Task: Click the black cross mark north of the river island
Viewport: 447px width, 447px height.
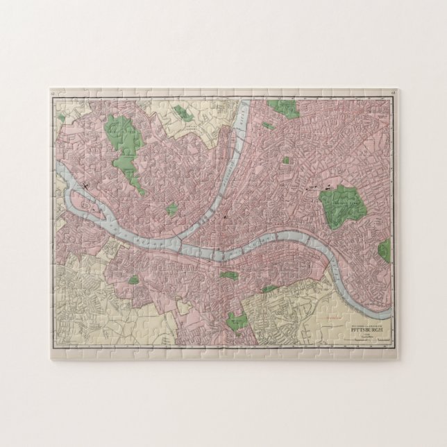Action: (82, 185)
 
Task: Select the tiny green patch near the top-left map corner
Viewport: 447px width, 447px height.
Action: (61, 119)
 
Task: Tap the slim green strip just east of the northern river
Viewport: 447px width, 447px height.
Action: (267, 126)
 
